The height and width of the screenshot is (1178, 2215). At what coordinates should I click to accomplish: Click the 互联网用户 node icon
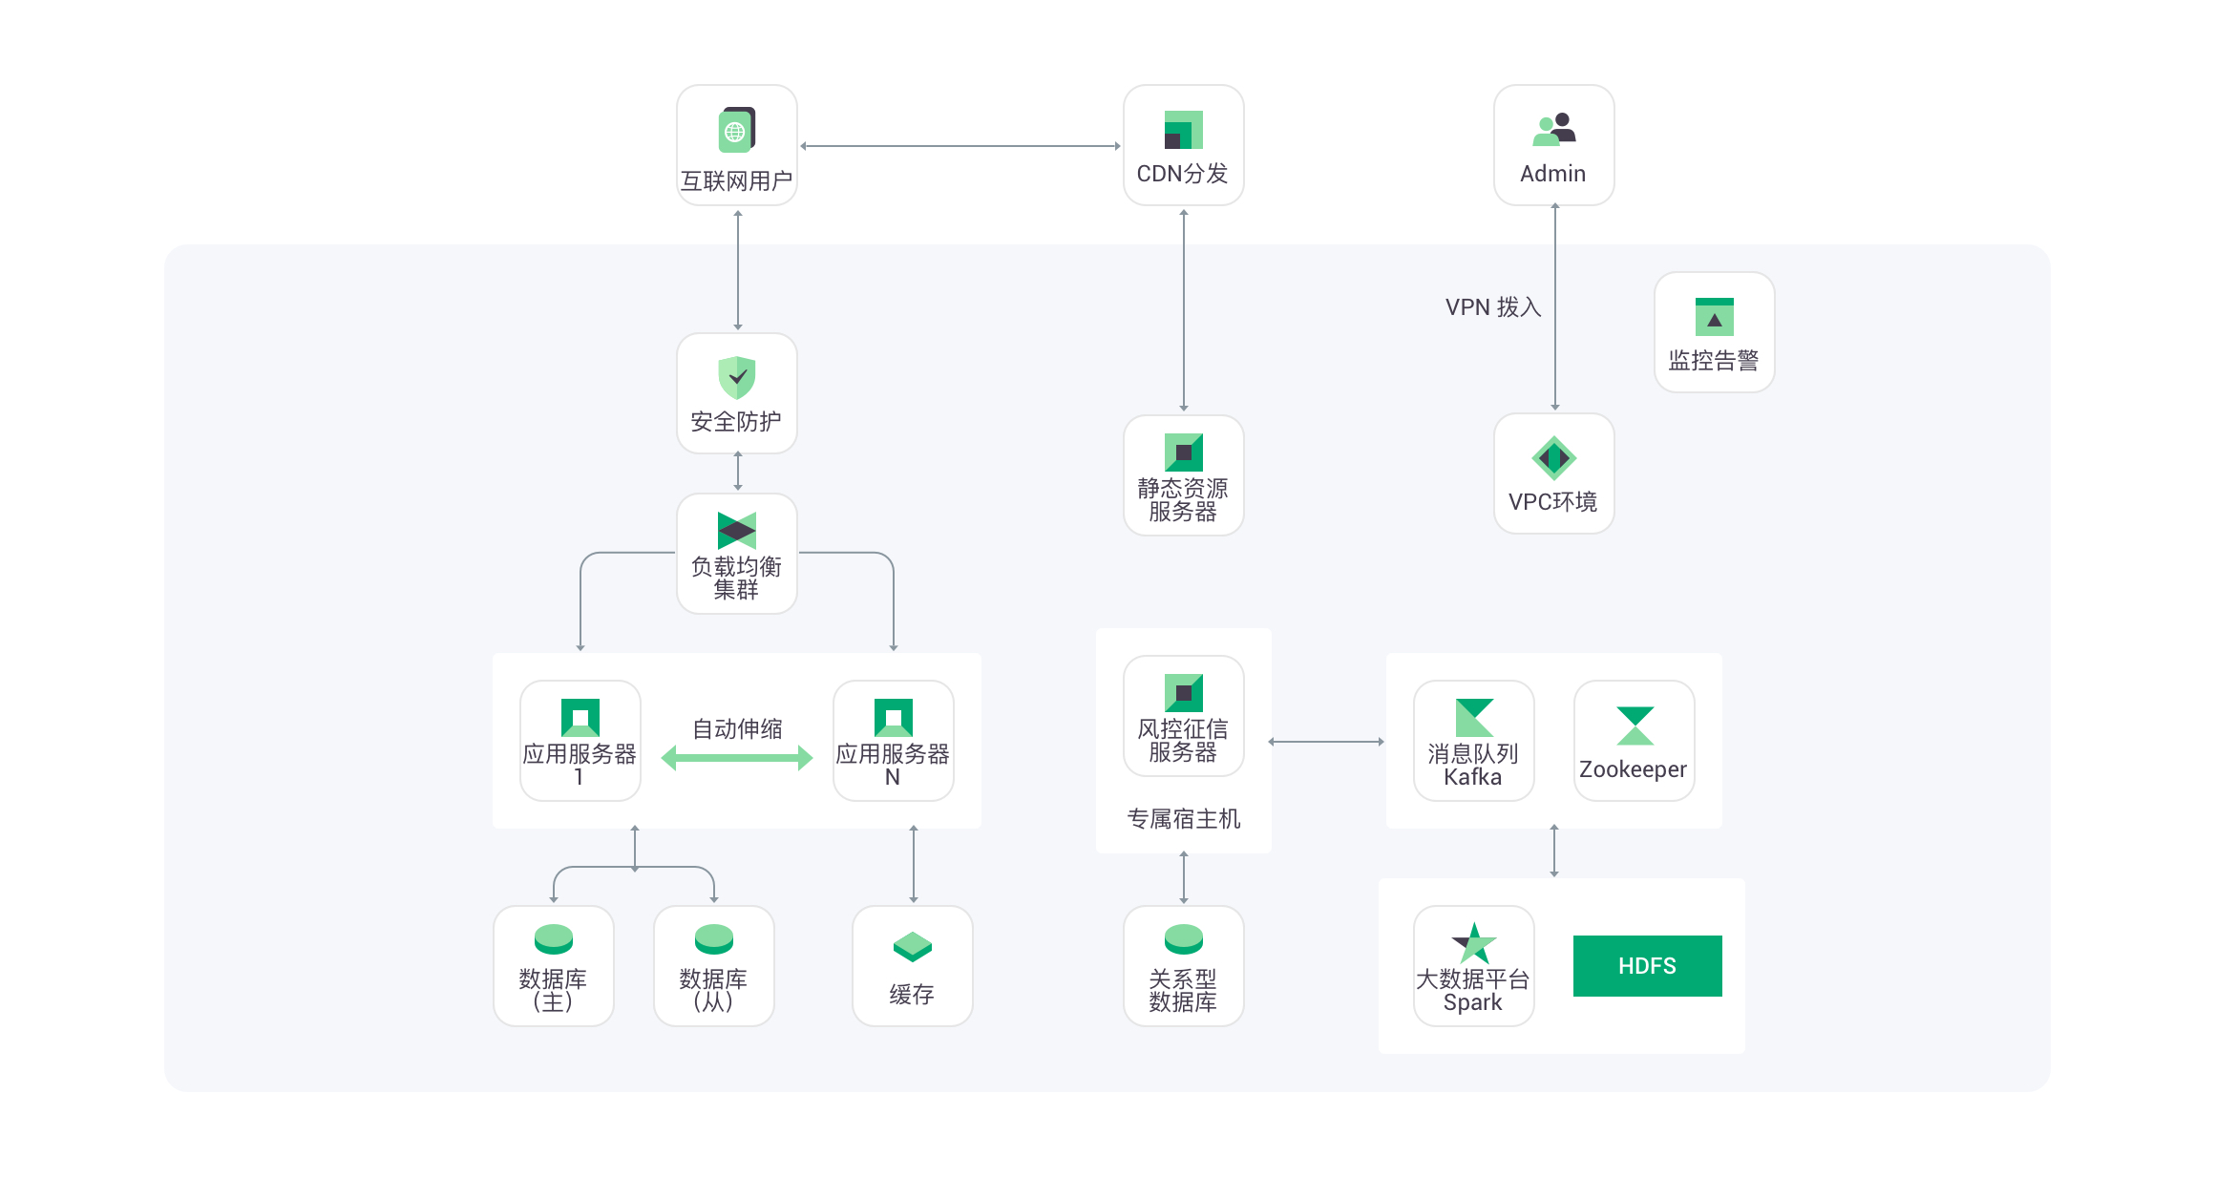pos(736,130)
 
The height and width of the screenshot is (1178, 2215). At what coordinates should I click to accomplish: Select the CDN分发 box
pos(1183,145)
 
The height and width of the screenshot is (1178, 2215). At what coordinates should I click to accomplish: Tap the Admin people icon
pos(1553,130)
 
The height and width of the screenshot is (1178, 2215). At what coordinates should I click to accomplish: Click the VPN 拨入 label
pos(1493,307)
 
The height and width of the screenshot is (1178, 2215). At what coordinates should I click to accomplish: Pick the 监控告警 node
pos(1714,332)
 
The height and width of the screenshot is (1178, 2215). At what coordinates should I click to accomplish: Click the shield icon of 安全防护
pos(736,377)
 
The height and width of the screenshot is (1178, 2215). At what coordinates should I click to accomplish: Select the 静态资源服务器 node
pos(1183,475)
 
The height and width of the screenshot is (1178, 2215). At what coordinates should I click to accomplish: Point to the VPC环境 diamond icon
pos(1553,458)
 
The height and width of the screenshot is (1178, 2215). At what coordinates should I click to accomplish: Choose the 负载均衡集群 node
pos(736,554)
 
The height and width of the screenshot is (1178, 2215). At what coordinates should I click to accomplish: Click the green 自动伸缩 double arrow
pos(736,758)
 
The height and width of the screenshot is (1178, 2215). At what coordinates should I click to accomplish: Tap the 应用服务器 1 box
pos(580,741)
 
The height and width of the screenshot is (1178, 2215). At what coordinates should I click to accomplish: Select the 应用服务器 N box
pos(893,741)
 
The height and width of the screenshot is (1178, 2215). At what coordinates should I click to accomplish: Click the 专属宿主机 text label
pos(1183,819)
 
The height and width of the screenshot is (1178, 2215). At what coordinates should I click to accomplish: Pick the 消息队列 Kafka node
pos(1473,741)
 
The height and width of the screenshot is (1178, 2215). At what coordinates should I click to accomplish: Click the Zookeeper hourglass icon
pos(1635,726)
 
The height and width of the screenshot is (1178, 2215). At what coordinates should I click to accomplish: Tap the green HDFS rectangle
pos(1647,966)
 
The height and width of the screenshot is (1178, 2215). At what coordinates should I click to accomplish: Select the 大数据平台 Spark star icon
pos(1473,943)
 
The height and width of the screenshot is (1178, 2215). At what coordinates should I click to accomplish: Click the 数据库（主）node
pos(553,966)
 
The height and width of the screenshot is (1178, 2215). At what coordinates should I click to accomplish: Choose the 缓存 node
pos(912,966)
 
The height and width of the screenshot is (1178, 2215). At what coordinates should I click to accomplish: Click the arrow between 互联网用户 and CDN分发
pos(960,146)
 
